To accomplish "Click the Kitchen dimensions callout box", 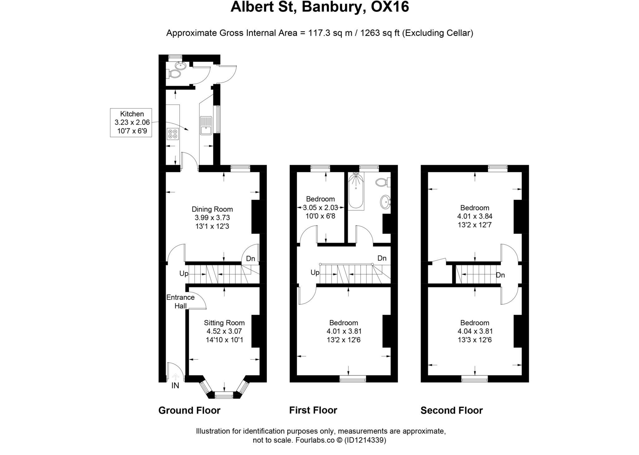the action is click(131, 122).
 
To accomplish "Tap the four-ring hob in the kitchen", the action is click(173, 134).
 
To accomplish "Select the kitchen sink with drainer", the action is click(206, 125).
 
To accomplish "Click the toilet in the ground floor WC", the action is click(174, 74).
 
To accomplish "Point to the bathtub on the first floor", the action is click(356, 192).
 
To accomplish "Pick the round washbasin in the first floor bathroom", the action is click(385, 202).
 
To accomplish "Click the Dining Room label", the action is click(212, 209).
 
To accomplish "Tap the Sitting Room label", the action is click(224, 322).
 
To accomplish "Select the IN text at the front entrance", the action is click(175, 386).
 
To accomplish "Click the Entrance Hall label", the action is click(180, 301).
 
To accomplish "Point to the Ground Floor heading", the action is click(189, 410).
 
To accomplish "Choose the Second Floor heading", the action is click(451, 410).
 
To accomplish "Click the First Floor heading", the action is click(313, 410).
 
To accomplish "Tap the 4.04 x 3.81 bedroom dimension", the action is click(475, 331).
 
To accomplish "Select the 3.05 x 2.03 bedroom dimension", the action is click(320, 207).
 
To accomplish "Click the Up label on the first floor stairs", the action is click(315, 272).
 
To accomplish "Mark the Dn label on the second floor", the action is click(500, 275).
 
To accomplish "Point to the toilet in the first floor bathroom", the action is click(382, 182).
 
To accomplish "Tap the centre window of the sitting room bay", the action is click(224, 396).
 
